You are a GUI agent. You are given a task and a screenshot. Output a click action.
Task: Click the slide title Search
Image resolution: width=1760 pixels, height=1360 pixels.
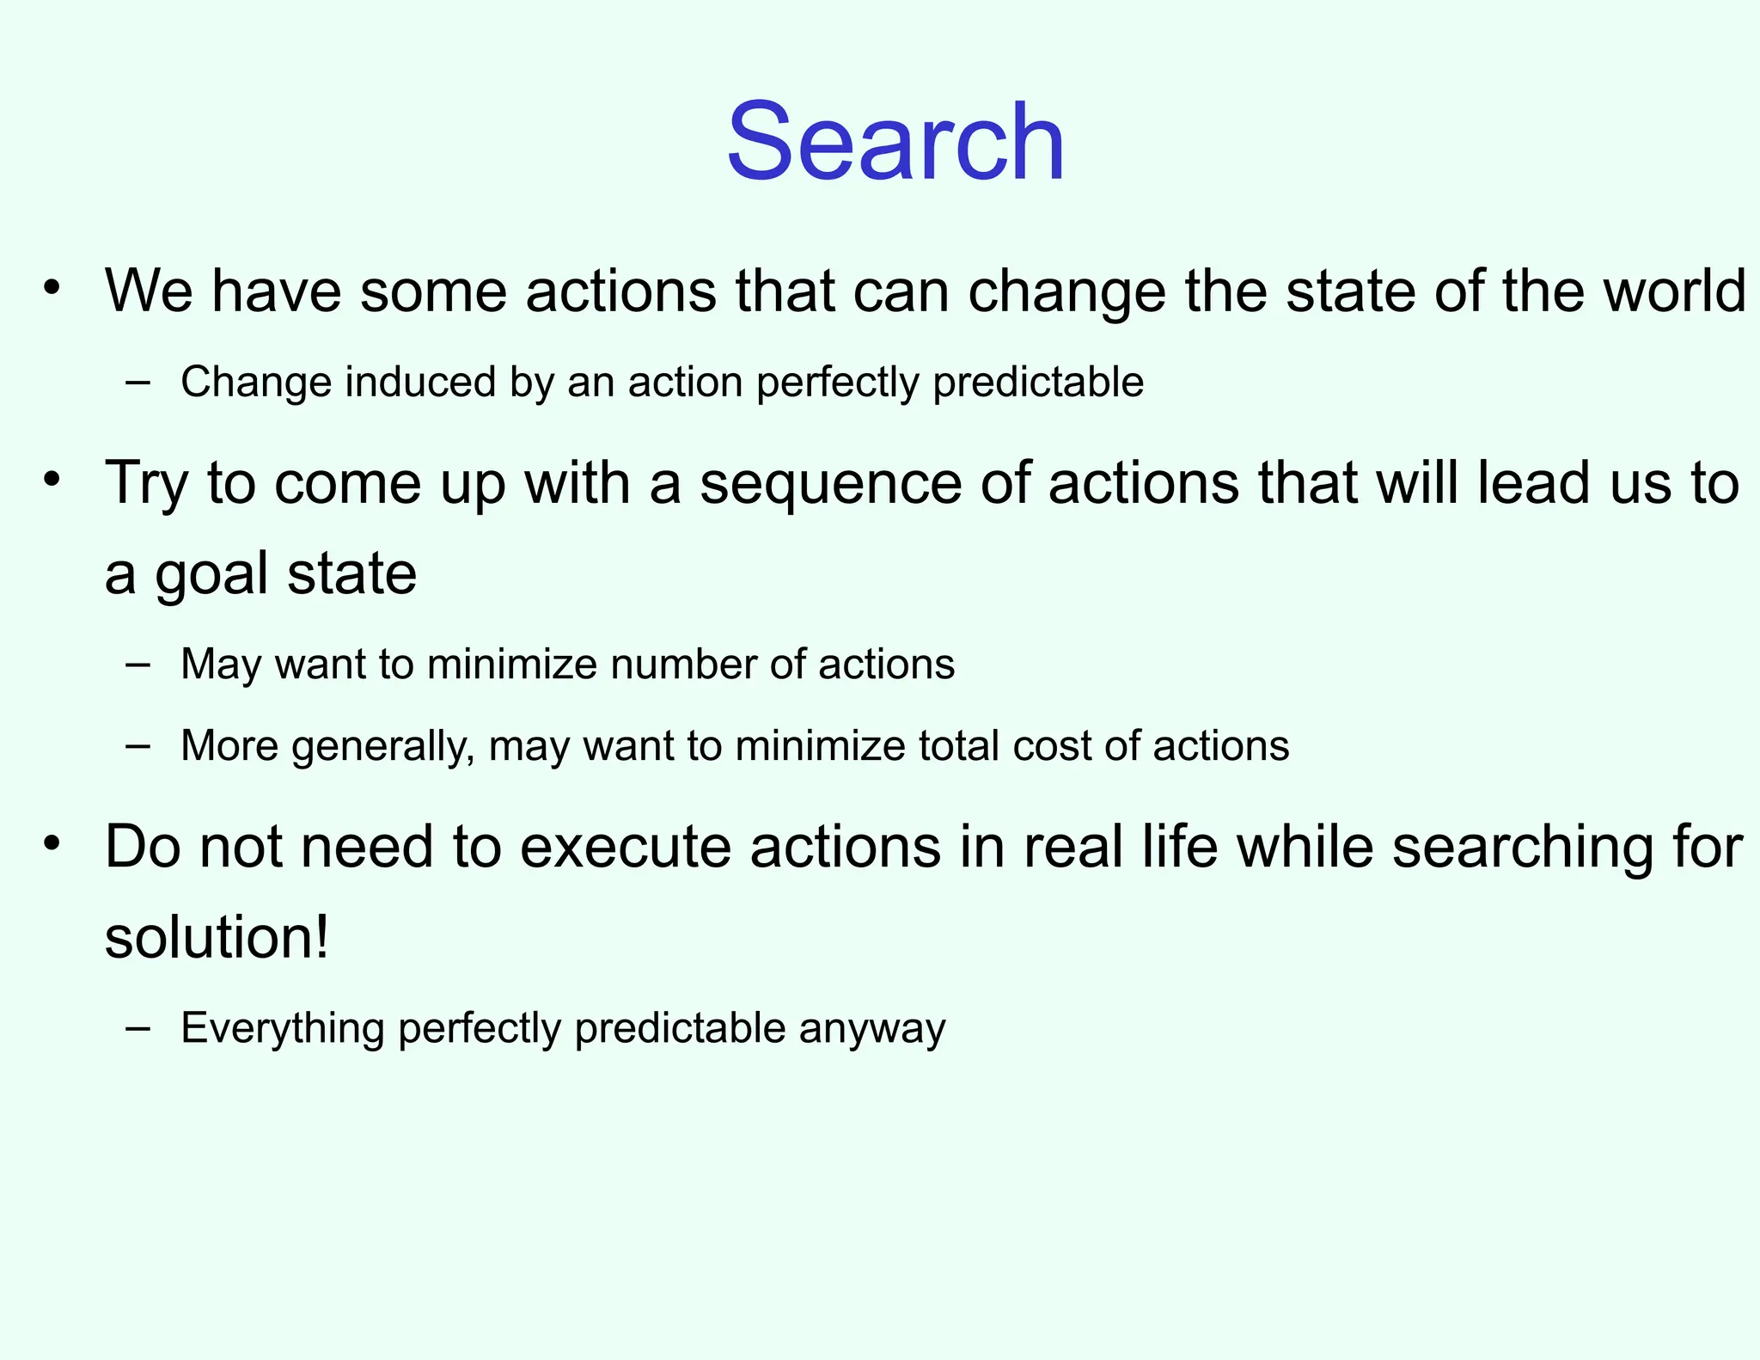(x=895, y=142)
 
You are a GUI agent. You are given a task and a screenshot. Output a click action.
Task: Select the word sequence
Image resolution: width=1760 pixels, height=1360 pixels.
(x=830, y=483)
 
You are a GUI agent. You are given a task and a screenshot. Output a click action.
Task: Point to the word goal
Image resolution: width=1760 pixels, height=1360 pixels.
(x=211, y=574)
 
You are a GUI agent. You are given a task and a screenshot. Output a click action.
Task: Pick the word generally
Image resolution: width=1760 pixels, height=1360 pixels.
(x=382, y=745)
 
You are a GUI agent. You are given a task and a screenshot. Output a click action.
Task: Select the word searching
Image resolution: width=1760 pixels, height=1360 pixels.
(x=1522, y=847)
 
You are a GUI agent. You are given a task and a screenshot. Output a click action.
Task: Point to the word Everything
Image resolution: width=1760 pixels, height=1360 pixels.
(x=283, y=1028)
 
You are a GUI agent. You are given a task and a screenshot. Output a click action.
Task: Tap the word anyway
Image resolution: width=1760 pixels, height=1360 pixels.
(x=871, y=1028)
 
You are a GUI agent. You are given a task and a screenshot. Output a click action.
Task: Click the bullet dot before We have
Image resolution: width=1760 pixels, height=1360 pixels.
(x=53, y=288)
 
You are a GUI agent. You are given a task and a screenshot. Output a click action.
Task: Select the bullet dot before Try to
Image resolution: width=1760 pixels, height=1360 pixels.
(x=53, y=480)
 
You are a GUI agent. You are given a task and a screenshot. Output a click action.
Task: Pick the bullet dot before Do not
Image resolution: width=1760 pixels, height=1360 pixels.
(x=53, y=843)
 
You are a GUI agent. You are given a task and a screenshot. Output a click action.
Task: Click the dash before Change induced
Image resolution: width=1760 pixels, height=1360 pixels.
(x=137, y=382)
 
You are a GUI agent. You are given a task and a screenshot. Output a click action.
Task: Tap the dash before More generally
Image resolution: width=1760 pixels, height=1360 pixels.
(x=137, y=745)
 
